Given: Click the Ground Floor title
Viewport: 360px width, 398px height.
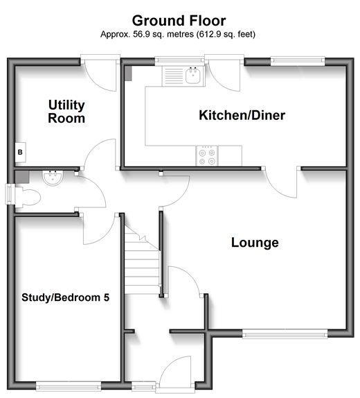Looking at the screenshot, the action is (x=179, y=21).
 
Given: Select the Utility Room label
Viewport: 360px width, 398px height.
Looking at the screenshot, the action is (x=66, y=112).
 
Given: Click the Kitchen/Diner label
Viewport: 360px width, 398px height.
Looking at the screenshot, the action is (x=242, y=115).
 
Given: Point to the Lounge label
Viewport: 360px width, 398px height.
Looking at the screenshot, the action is (x=255, y=243).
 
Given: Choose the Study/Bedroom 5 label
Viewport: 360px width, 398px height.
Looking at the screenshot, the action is (x=65, y=297).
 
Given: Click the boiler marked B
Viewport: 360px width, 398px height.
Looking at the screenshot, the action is (x=20, y=153).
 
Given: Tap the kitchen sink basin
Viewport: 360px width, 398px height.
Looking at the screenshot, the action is (x=193, y=76).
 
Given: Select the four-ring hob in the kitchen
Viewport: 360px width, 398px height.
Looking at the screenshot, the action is (x=206, y=156).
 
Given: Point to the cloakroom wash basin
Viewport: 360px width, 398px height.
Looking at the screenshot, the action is (x=53, y=178).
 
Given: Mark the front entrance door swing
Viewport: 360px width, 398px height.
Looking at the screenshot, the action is (x=175, y=372).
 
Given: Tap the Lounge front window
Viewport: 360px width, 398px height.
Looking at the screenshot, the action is (x=285, y=334).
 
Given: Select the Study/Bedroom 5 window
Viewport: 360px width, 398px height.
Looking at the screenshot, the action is (x=69, y=386).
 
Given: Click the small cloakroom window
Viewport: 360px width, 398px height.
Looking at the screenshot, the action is (x=9, y=194).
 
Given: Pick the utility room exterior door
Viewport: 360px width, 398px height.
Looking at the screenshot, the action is (x=100, y=73).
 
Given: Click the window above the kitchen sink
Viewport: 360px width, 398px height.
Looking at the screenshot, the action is (x=179, y=60).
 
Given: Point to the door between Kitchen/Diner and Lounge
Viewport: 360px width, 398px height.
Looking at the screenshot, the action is (x=281, y=182).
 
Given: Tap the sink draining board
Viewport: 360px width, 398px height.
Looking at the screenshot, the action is (x=174, y=76).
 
